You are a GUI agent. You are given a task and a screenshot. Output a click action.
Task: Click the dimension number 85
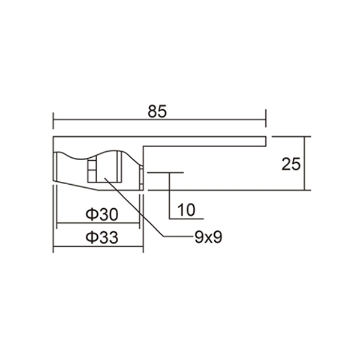pyautogui.click(x=157, y=112)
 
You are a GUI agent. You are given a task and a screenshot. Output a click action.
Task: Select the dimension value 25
pyautogui.click(x=290, y=164)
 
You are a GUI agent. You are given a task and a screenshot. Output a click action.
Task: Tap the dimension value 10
pyautogui.click(x=187, y=210)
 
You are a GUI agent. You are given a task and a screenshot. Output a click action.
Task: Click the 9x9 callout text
pyautogui.click(x=208, y=237)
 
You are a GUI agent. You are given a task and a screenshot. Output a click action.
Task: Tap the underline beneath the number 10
pyautogui.click(x=188, y=218)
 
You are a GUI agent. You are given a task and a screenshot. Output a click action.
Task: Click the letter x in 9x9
pyautogui.click(x=208, y=238)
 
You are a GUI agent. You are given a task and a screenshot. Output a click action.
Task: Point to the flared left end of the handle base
pyautogui.click(x=57, y=169)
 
